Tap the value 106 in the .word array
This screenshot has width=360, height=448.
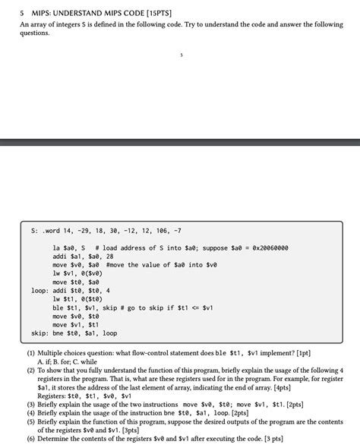tap(159, 231)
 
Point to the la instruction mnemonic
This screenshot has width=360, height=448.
tap(57, 248)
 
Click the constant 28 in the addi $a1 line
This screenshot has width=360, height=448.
tap(109, 257)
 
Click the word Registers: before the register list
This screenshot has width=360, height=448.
tap(52, 396)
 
